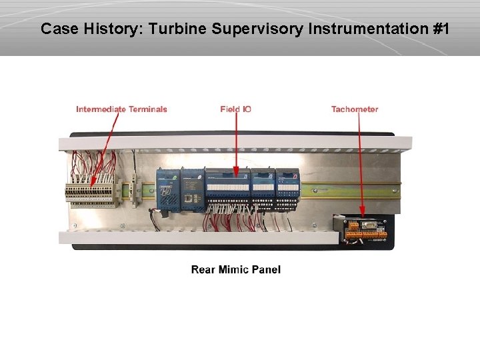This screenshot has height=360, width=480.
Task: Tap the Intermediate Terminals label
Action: click(x=121, y=109)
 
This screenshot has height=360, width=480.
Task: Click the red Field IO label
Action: click(x=235, y=109)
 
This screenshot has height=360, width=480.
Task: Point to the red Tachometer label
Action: click(x=355, y=109)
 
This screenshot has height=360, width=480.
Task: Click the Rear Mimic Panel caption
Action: click(x=236, y=269)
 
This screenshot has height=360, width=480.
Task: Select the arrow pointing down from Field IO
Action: click(x=236, y=143)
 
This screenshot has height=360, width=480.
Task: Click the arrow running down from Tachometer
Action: click(x=360, y=163)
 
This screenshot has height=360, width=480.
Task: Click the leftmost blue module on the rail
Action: click(x=167, y=189)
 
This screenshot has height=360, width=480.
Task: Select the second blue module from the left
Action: click(x=192, y=189)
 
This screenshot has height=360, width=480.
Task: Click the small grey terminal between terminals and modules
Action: click(x=135, y=187)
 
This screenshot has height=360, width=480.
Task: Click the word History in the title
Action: click(x=111, y=29)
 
